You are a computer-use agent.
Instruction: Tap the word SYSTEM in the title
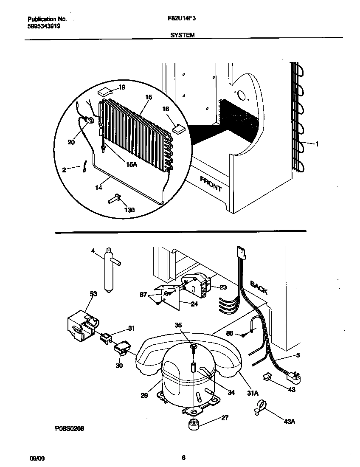click(183, 36)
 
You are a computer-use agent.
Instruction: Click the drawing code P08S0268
click(70, 428)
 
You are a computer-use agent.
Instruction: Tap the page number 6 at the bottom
click(183, 457)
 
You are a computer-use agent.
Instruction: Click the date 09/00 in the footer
click(37, 458)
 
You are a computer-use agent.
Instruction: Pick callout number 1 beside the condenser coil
click(317, 144)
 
